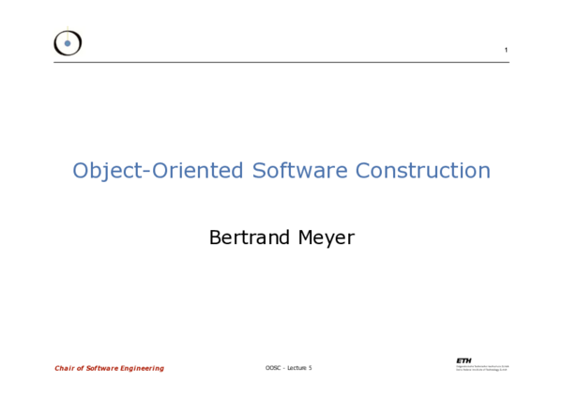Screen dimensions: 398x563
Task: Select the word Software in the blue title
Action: [296, 172]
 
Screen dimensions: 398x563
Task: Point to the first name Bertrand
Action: [250, 238]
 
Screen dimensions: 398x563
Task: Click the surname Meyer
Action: [326, 238]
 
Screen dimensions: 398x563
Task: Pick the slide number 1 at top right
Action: [506, 50]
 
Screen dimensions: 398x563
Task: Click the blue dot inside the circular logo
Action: [68, 43]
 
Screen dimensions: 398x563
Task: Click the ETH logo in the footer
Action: [464, 360]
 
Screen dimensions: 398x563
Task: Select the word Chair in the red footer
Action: [65, 368]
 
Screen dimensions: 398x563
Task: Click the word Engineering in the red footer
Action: [143, 368]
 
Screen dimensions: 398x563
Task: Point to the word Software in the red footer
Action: [102, 368]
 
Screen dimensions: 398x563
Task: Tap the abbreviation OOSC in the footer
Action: [273, 368]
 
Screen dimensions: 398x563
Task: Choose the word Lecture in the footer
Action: [297, 368]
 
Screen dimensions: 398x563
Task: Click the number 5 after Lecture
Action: [311, 368]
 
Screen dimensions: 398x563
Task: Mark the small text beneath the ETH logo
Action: [482, 369]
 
